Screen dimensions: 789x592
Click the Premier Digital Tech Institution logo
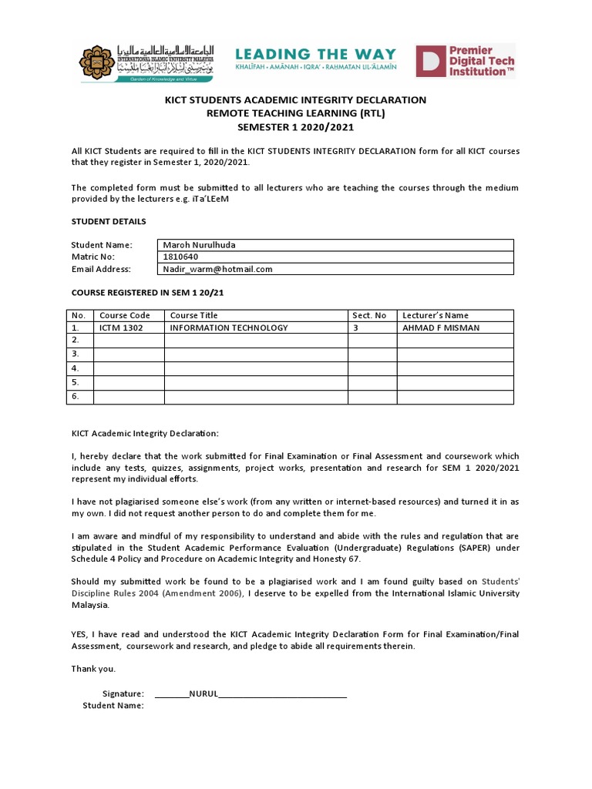pyautogui.click(x=465, y=61)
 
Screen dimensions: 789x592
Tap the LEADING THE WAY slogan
pyautogui.click(x=315, y=55)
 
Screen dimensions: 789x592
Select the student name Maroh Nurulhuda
pyautogui.click(x=199, y=245)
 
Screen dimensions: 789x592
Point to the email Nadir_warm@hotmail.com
pyautogui.click(x=217, y=269)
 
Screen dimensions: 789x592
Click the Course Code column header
pyautogui.click(x=124, y=315)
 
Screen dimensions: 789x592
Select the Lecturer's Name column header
pyautogui.click(x=435, y=315)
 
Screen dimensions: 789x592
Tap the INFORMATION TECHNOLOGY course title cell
pyautogui.click(x=229, y=327)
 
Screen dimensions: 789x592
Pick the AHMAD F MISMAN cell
pyautogui.click(x=440, y=327)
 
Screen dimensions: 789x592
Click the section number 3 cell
pyautogui.click(x=355, y=327)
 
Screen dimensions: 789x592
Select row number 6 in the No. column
pyautogui.click(x=76, y=396)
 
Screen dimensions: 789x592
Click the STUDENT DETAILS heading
pyautogui.click(x=108, y=222)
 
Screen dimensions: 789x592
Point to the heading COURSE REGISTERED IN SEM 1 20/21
pyautogui.click(x=147, y=294)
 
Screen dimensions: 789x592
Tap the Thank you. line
pyautogui.click(x=93, y=669)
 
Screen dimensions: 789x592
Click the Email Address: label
pyautogui.click(x=101, y=269)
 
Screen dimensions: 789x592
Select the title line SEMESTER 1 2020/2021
pyautogui.click(x=295, y=126)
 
